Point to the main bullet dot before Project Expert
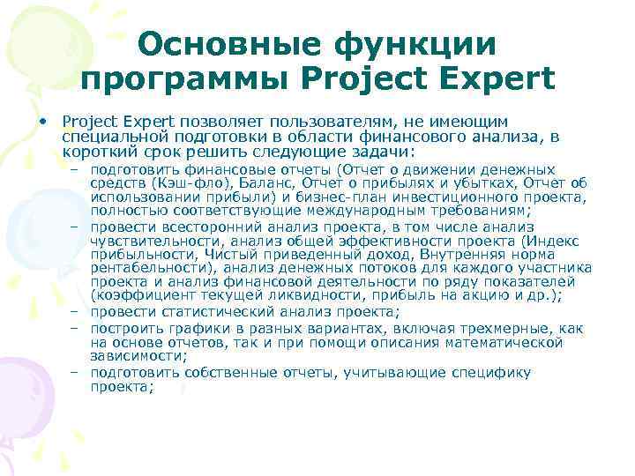click(x=41, y=120)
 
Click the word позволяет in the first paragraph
click(x=223, y=120)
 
